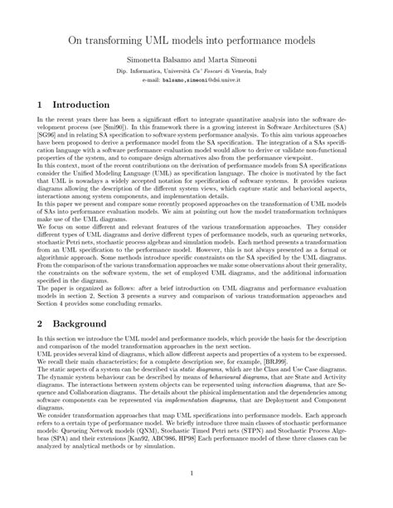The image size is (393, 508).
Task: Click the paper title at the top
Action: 196,40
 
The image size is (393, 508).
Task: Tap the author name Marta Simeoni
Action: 240,63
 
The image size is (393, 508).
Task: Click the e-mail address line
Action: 196,81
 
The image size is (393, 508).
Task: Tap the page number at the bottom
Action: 196,473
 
